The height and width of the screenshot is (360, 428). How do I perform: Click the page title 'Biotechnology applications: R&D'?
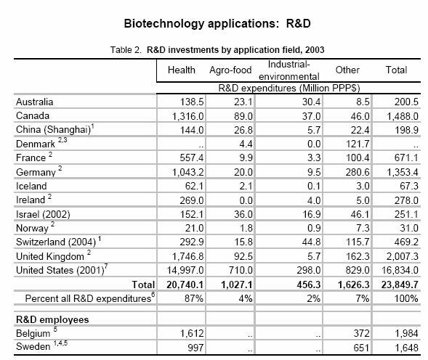click(217, 24)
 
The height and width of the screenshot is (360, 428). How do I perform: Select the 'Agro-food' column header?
click(230, 70)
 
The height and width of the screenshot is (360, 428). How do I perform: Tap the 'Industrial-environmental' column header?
click(288, 70)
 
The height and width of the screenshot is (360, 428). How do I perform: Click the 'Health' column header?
click(181, 70)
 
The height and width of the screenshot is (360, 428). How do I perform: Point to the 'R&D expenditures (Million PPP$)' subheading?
click(289, 88)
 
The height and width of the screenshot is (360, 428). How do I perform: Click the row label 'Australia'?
click(35, 102)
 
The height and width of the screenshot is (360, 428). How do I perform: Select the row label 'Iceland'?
click(31, 186)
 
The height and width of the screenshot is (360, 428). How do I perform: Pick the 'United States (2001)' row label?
click(60, 270)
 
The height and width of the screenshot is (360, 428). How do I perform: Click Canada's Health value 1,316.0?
click(187, 116)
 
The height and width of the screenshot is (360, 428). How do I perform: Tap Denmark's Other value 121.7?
click(358, 144)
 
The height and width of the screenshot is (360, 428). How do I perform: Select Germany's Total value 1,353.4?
click(403, 172)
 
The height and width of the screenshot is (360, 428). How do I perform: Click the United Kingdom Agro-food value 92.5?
click(243, 256)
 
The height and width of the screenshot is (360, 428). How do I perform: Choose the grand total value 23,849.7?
click(400, 285)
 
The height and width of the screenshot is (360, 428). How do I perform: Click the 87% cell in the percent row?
click(194, 298)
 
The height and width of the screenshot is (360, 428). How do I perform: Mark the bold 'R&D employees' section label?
click(52, 319)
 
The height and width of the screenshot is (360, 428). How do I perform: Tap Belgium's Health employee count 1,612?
click(192, 334)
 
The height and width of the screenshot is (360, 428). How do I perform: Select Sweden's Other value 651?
click(361, 348)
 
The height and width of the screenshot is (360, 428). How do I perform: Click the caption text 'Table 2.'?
click(126, 50)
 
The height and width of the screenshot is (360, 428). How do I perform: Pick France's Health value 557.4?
click(192, 158)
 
